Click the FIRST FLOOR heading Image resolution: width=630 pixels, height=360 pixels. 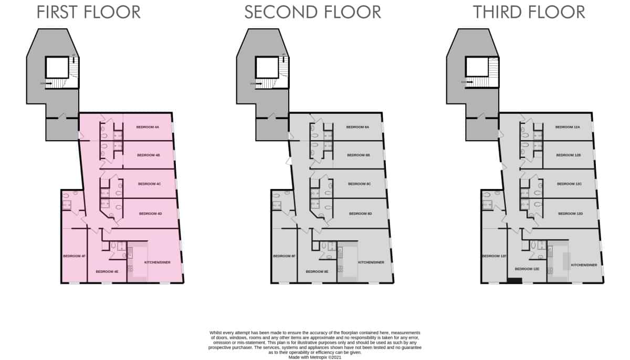[x=88, y=12]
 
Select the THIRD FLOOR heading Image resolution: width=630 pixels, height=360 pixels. [x=529, y=12]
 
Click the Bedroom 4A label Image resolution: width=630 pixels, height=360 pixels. [x=148, y=128]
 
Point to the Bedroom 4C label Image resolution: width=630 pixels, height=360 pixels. [x=149, y=184]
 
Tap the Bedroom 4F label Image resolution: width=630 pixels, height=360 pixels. [x=74, y=256]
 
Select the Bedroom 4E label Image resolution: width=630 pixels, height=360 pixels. [x=107, y=272]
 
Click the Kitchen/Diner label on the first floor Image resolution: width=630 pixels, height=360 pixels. [x=157, y=262]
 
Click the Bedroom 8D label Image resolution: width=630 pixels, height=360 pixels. [x=361, y=214]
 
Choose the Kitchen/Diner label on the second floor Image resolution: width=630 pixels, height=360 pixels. [x=371, y=262]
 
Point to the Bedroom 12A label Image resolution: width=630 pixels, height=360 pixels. [x=568, y=128]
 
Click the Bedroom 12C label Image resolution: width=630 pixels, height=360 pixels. [x=569, y=184]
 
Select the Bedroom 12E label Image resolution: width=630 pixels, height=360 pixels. [x=527, y=269]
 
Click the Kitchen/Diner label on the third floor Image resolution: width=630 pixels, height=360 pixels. [x=584, y=266]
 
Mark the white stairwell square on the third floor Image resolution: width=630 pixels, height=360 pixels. [x=477, y=67]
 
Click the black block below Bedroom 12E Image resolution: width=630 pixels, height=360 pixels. [x=514, y=281]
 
